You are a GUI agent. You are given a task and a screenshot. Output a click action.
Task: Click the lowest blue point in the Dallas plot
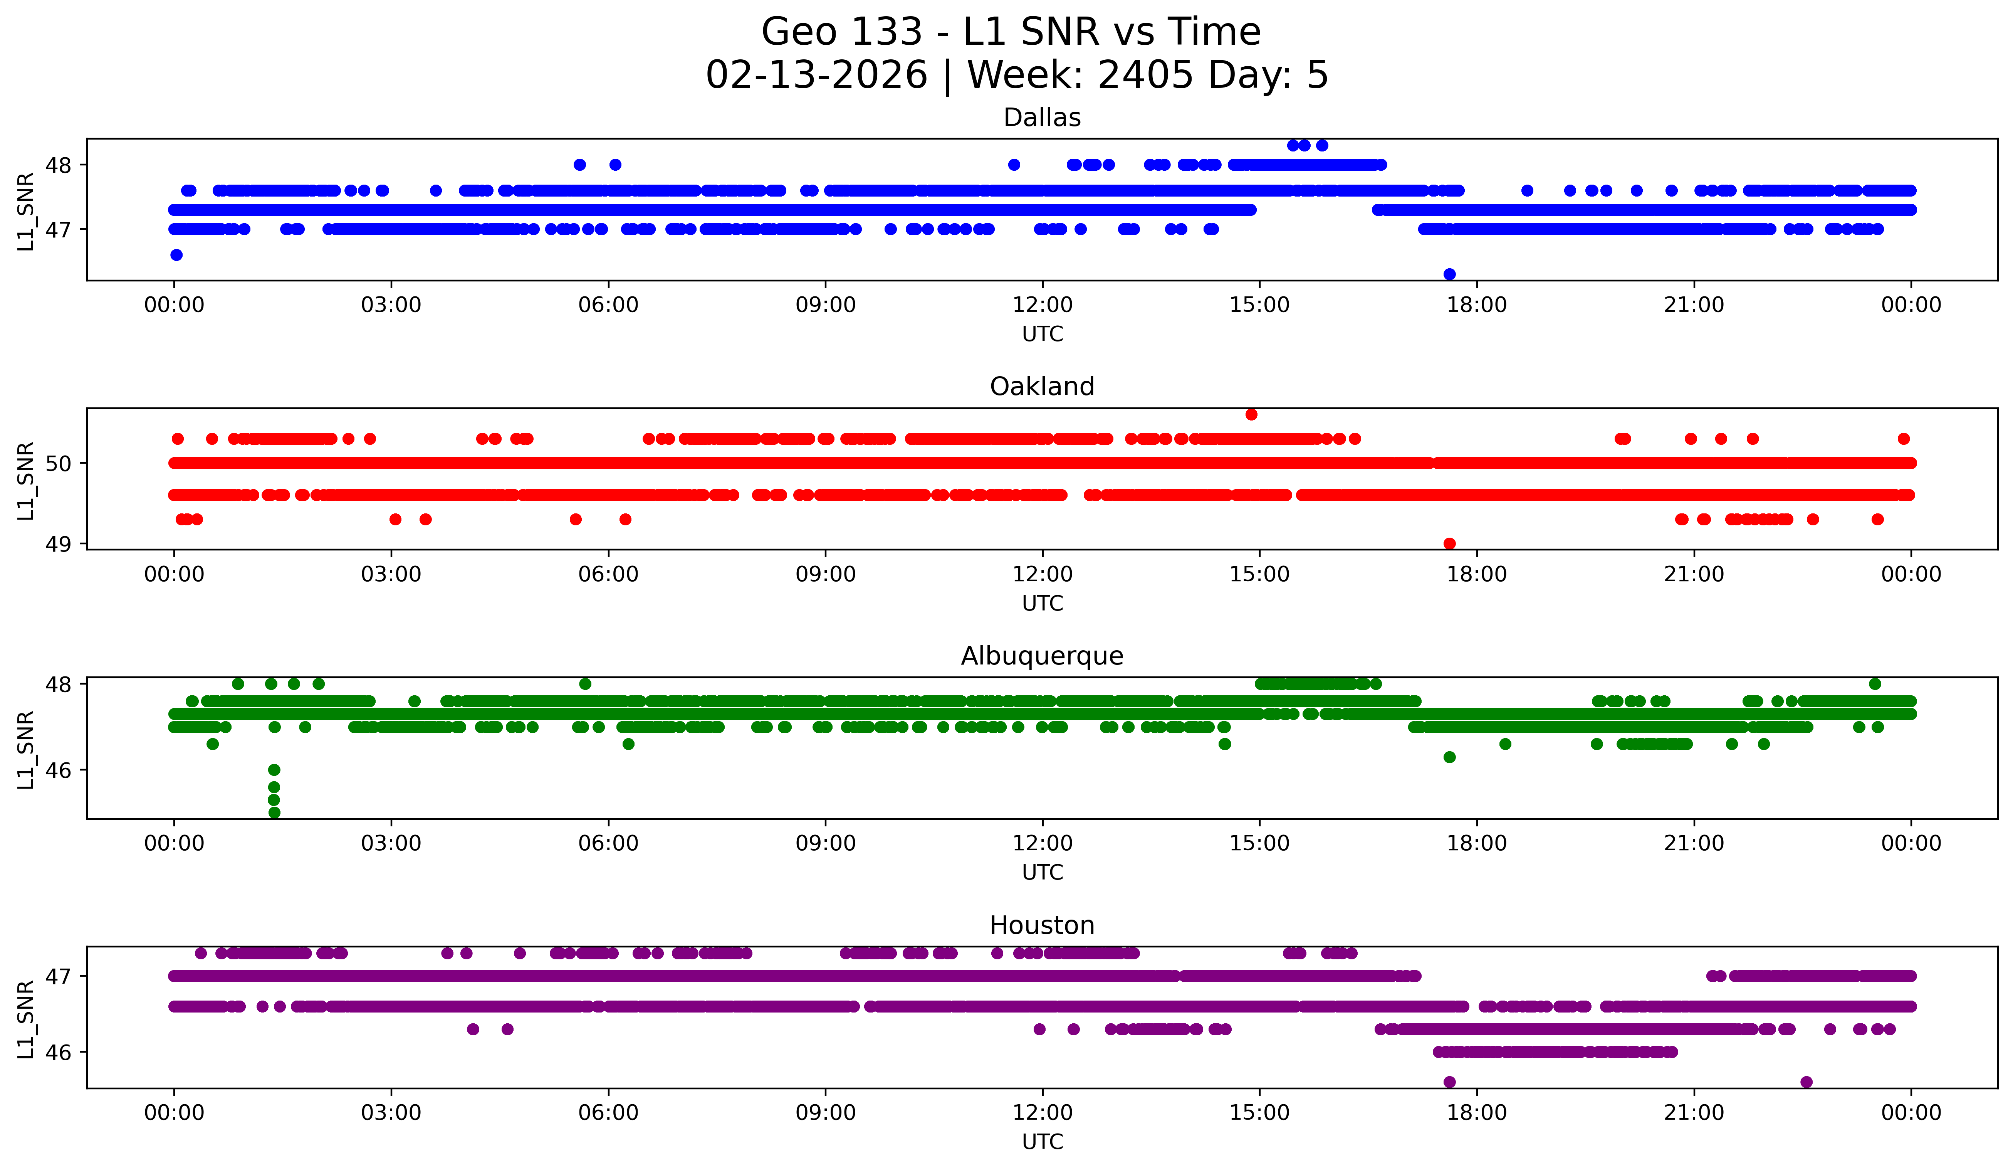coord(1449,274)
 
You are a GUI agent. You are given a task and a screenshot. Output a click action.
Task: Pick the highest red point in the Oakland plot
coord(1251,414)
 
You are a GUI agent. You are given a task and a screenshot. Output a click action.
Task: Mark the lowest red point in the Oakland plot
coord(1449,543)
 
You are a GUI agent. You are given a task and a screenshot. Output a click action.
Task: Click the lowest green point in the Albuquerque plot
coord(274,812)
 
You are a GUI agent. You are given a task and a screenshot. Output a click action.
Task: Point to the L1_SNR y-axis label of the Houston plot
coord(25,1019)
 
